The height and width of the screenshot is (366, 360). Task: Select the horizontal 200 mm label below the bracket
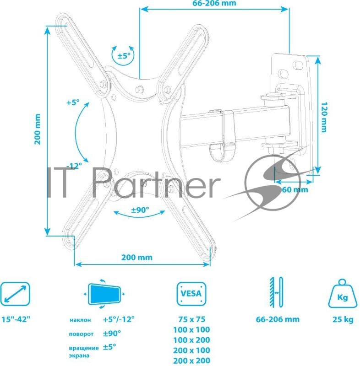pos(136,257)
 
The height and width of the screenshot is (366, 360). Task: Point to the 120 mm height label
pos(323,117)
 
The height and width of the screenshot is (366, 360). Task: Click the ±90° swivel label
pos(141,210)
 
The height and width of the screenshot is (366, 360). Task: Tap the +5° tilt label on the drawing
pos(73,103)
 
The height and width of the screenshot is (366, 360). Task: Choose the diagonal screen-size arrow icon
pos(15,293)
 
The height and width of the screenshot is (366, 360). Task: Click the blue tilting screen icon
pos(105,293)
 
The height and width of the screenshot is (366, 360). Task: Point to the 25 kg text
pos(343,319)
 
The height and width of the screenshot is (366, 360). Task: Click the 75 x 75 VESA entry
pos(191,319)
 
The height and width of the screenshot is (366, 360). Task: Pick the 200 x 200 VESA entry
pos(191,361)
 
